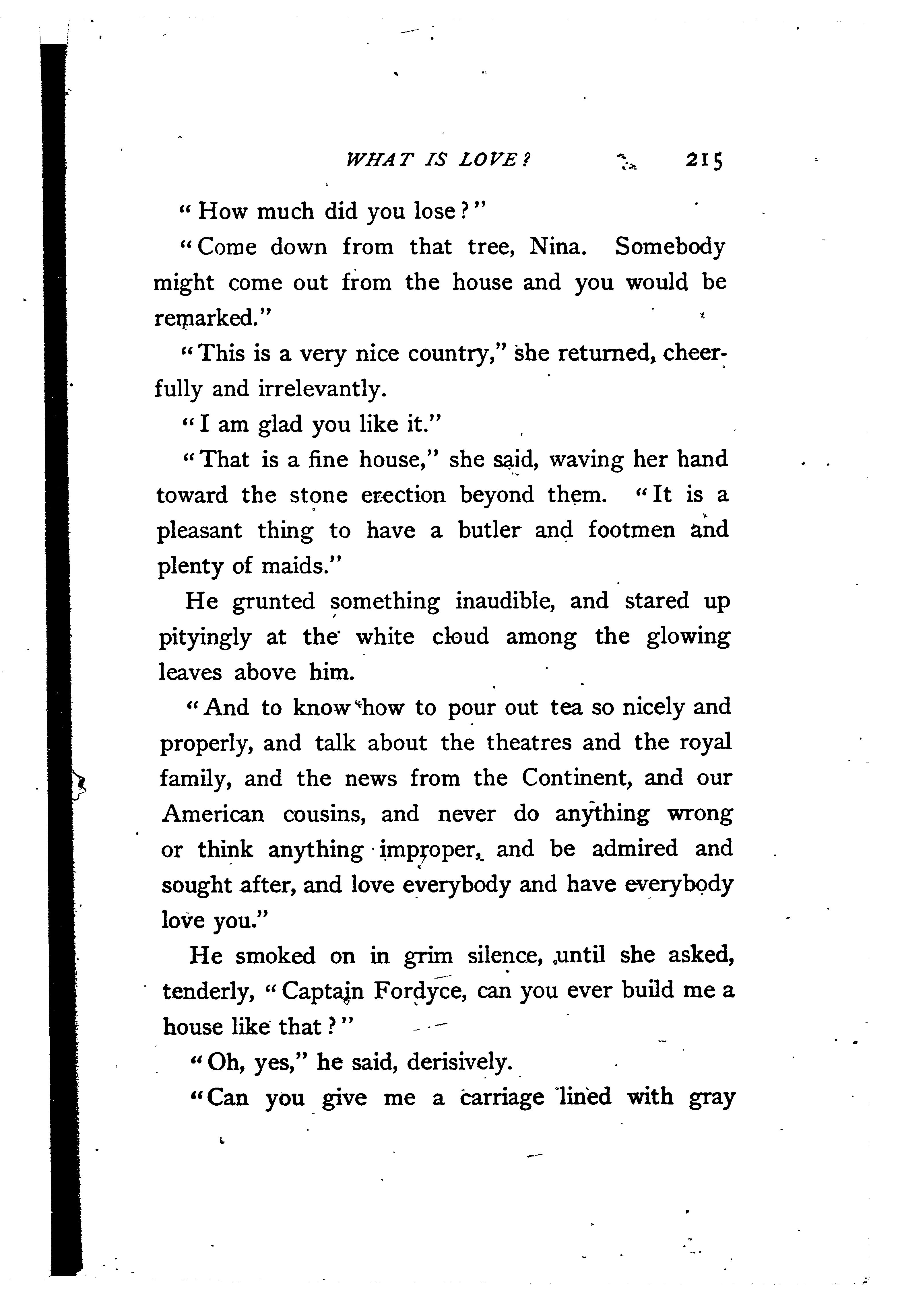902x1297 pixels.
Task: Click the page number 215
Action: click(704, 161)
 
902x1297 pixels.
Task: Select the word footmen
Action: click(631, 530)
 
